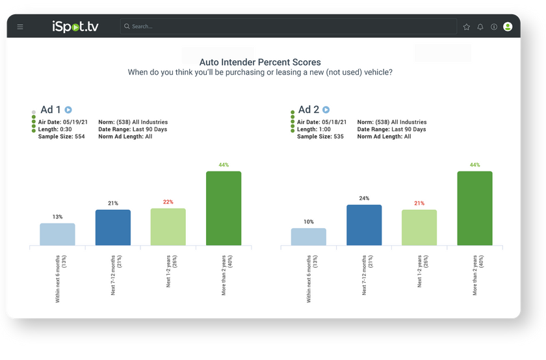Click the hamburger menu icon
[20, 27]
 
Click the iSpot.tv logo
[75, 27]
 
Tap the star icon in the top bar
[466, 27]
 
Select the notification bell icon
[480, 27]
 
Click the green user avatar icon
[508, 27]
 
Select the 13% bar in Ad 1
[57, 235]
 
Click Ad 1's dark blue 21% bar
[113, 227]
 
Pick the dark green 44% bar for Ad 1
[224, 209]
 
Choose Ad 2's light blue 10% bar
[308, 237]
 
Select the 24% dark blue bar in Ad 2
[364, 225]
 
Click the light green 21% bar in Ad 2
[419, 227]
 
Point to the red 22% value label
[168, 202]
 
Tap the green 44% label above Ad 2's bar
[474, 165]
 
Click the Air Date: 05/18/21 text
[322, 122]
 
